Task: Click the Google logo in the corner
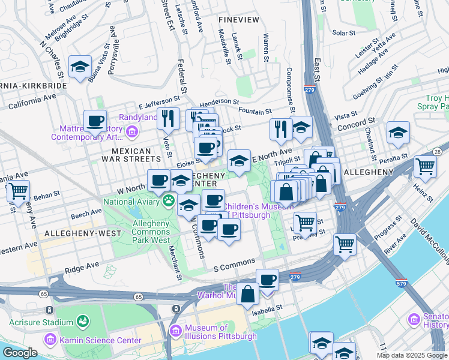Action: click(x=20, y=353)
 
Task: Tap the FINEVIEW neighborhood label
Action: click(x=239, y=20)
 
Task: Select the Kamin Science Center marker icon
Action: click(x=50, y=340)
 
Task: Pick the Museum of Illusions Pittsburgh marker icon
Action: click(x=175, y=331)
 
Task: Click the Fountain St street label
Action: click(x=255, y=111)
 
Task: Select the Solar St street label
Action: click(x=344, y=33)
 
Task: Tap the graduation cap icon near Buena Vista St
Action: click(x=80, y=67)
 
